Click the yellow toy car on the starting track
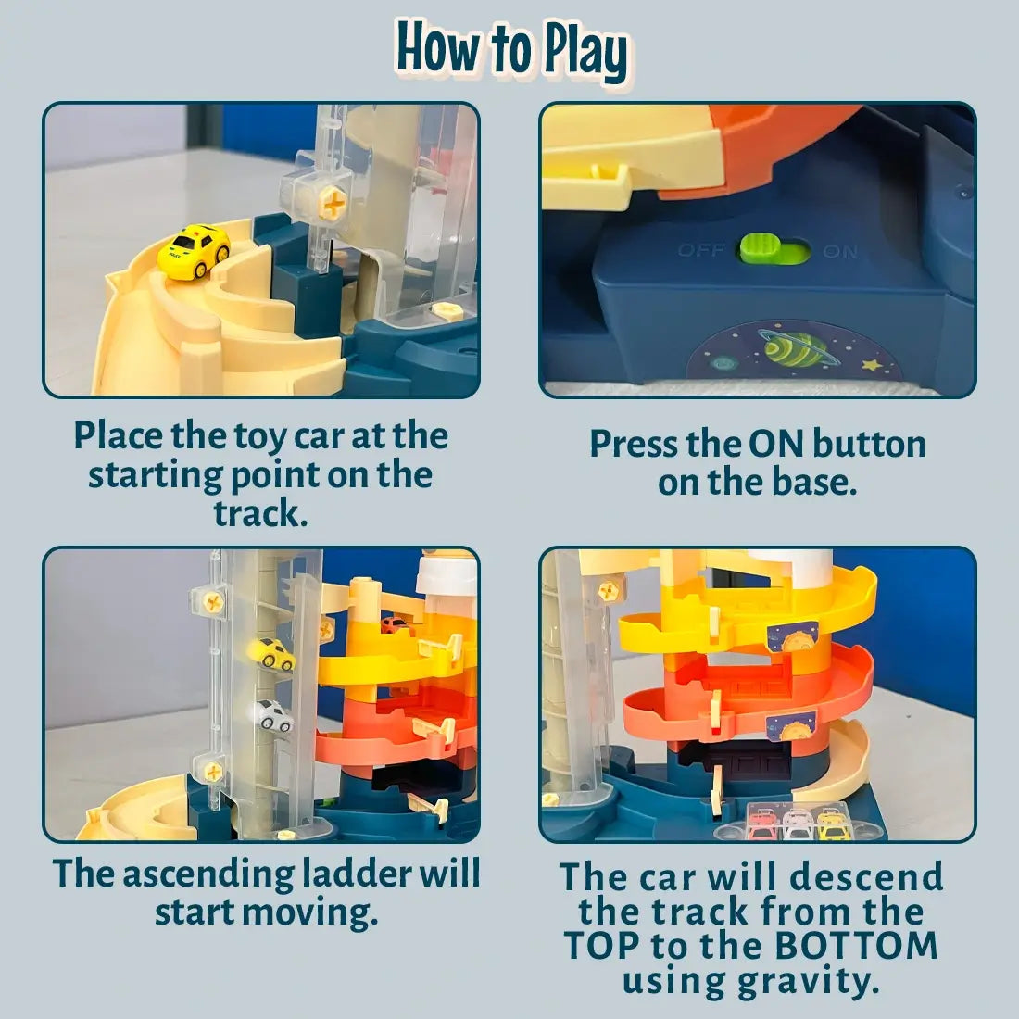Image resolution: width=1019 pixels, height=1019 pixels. coord(194,252)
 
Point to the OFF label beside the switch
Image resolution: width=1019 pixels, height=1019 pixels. coord(702,251)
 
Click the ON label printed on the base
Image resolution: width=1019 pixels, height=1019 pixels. coord(839,252)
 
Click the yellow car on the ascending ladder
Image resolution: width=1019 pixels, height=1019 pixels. coord(271,654)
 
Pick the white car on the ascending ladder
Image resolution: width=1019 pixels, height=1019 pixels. coord(271,716)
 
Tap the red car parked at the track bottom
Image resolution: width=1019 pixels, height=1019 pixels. coord(761,824)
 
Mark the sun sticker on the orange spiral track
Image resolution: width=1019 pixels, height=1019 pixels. coord(791,725)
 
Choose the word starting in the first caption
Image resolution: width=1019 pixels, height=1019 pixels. coord(153,474)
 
